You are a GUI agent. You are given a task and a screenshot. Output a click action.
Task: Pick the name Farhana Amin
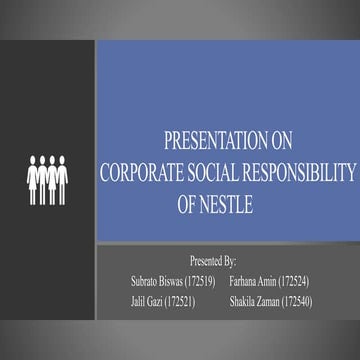(x=252, y=281)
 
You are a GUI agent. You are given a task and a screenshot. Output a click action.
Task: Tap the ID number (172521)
(x=180, y=300)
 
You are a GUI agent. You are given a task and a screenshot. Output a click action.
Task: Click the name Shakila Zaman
(x=254, y=300)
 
